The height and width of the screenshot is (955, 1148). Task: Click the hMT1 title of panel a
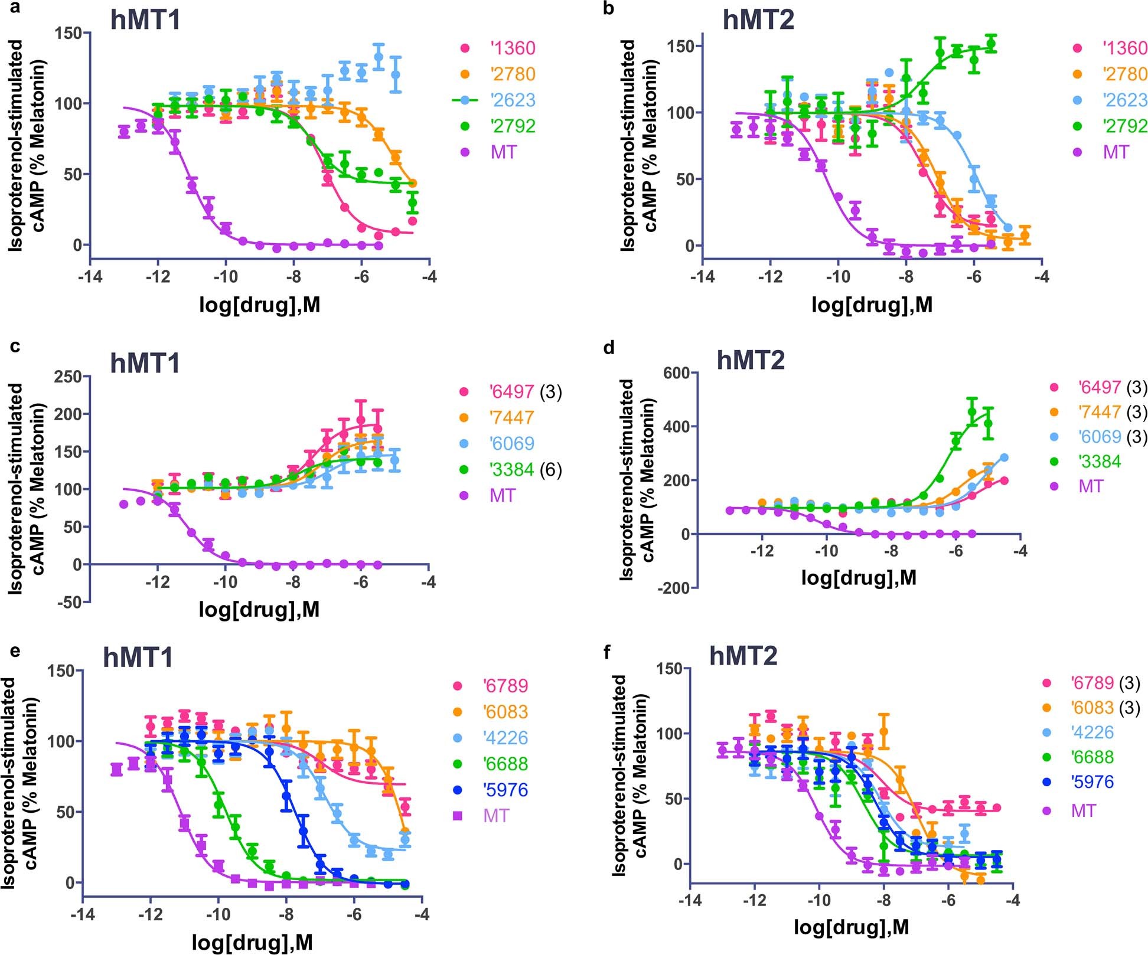(x=145, y=20)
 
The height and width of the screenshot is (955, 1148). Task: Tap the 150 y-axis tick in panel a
(x=68, y=33)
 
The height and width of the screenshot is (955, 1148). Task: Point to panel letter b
(x=609, y=9)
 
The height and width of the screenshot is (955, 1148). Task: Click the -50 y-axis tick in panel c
(x=68, y=602)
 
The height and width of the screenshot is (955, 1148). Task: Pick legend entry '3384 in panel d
(x=1099, y=461)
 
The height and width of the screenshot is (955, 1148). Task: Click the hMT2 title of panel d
(x=751, y=359)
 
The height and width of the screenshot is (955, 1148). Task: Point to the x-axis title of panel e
(x=252, y=942)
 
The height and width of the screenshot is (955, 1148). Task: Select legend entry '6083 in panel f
(x=1091, y=707)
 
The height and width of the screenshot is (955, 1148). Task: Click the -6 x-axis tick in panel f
(x=948, y=901)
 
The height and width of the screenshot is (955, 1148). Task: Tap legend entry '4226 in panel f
(x=1092, y=732)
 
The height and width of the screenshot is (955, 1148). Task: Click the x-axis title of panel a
(x=260, y=305)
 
